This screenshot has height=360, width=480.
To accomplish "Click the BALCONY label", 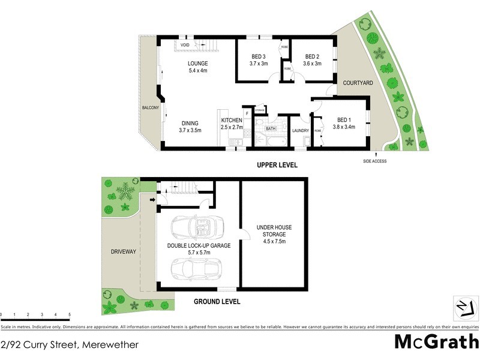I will click(150, 107).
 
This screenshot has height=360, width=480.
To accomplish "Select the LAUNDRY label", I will click(300, 130).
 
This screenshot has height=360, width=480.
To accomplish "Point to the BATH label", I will click(271, 128).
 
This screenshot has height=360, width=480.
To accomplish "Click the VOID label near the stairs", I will click(185, 44).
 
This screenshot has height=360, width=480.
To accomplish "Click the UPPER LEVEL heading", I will click(277, 165).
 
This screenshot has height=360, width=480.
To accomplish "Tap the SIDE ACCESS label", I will click(375, 161).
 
